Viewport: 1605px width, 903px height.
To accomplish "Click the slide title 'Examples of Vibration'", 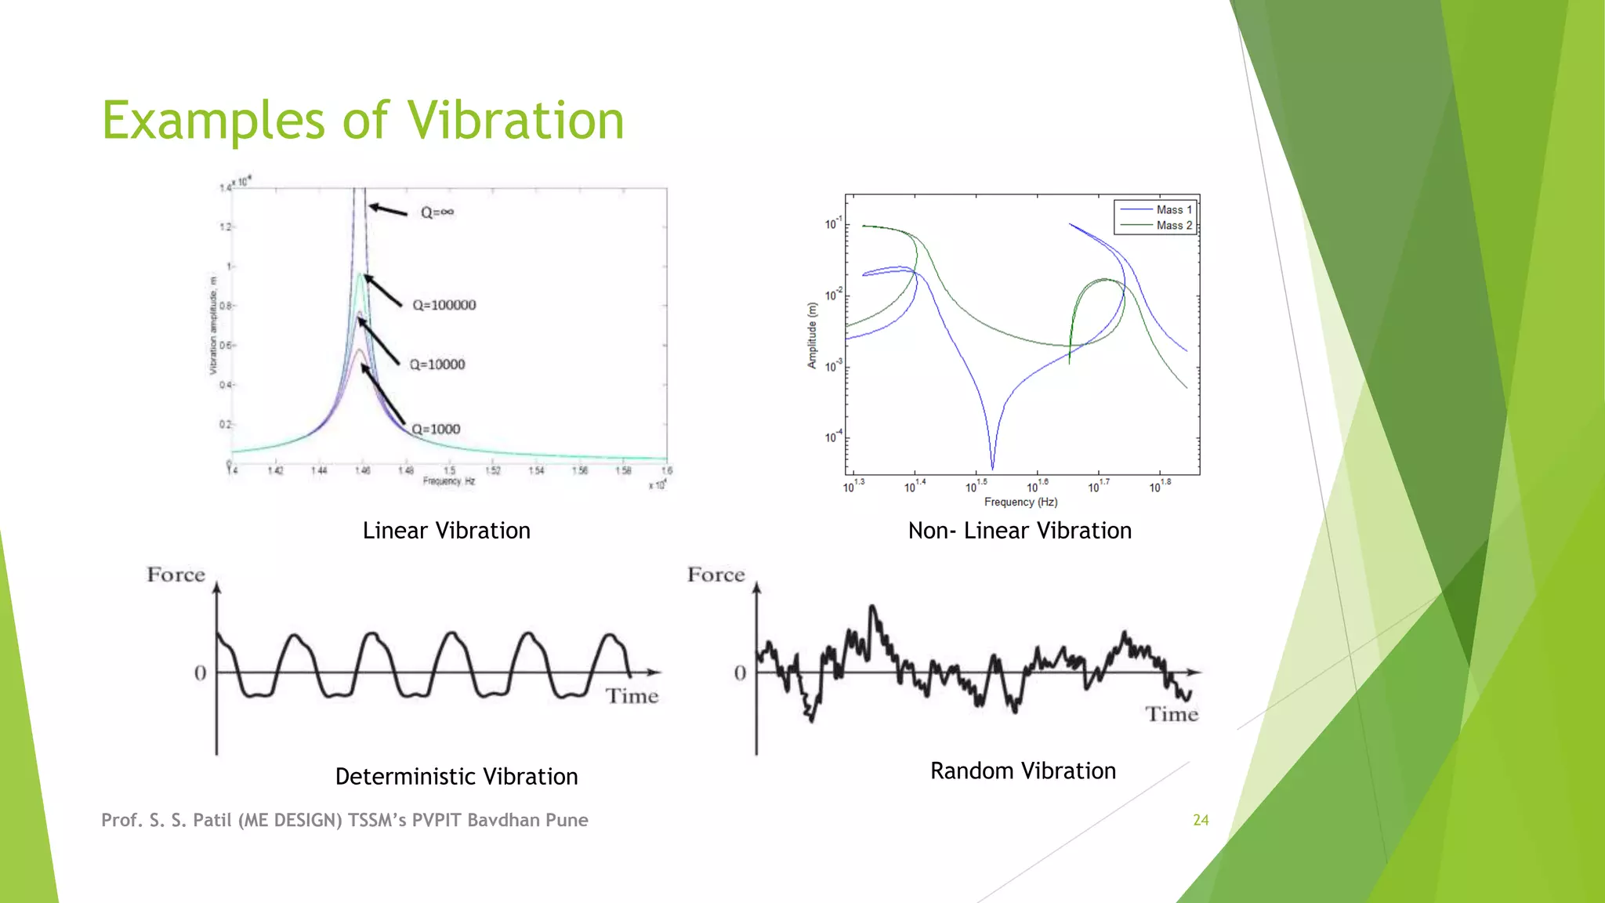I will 363,121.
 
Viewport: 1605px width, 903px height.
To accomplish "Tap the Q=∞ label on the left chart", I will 437,212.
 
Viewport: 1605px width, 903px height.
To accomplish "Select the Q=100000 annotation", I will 444,305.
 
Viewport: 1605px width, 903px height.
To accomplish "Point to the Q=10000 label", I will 437,364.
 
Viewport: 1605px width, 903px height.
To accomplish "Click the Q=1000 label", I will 436,430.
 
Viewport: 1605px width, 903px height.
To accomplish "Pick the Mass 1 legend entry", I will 1173,209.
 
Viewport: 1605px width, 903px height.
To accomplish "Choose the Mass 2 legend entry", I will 1173,225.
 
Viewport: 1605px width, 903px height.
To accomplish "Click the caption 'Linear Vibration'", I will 446,531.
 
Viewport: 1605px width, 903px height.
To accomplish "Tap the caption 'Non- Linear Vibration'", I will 1020,531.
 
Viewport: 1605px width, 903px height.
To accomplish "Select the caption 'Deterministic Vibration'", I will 456,777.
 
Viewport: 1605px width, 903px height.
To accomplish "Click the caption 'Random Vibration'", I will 1023,771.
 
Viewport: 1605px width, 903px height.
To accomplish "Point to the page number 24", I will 1201,820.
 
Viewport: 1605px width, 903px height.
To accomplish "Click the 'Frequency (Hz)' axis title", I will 1020,502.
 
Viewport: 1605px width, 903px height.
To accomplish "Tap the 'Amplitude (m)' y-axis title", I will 812,335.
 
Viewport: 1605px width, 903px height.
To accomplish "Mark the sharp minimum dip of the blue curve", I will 992,466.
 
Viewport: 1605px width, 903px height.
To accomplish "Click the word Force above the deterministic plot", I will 176,575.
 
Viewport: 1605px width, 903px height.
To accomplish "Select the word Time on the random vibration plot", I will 1172,714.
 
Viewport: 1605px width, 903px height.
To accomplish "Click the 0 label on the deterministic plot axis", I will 201,673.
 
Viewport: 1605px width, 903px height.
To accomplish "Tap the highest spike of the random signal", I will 872,607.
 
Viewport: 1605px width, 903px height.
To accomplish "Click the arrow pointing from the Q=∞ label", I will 388,209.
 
